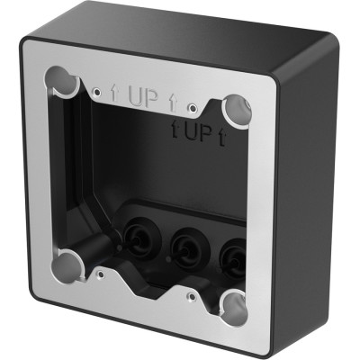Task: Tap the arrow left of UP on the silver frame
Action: pos(115,93)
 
